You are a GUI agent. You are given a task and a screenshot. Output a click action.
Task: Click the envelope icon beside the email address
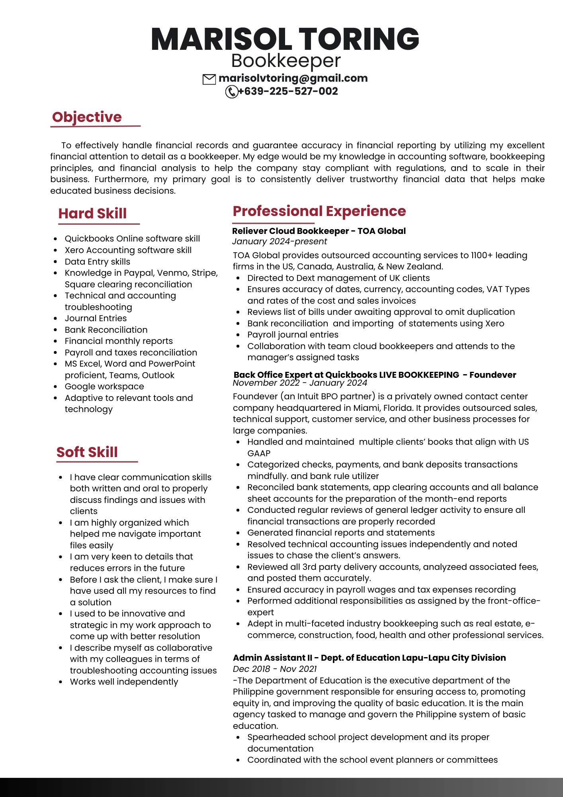(x=209, y=79)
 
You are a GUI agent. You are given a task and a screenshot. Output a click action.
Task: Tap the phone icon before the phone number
(x=231, y=92)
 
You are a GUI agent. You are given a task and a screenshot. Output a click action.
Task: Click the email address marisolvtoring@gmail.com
(x=293, y=78)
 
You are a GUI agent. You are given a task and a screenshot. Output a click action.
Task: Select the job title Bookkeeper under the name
(x=286, y=61)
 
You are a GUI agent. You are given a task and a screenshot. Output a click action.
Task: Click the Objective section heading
(x=87, y=117)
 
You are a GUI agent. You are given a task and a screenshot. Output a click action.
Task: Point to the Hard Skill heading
(x=92, y=214)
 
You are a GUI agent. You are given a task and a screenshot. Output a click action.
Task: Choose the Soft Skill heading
(x=87, y=452)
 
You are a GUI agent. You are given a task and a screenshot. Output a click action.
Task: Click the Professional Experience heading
(x=319, y=211)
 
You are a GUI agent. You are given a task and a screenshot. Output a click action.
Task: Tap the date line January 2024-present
(x=280, y=241)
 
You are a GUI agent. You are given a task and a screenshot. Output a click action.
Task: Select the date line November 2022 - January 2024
(x=300, y=383)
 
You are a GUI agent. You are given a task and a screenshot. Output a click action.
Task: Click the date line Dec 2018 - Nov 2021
(x=275, y=669)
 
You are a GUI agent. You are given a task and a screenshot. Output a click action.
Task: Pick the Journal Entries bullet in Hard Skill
(x=96, y=318)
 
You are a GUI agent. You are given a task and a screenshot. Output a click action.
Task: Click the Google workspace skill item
(x=104, y=387)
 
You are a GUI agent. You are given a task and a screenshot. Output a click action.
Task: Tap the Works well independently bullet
(x=124, y=682)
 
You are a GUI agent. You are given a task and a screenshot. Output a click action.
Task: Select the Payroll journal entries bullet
(x=293, y=335)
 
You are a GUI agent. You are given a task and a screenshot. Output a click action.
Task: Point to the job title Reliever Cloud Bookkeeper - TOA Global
(x=319, y=231)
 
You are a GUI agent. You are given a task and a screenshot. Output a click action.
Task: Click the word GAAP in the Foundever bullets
(x=259, y=453)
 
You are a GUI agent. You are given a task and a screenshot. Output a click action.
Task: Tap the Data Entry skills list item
(x=98, y=262)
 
